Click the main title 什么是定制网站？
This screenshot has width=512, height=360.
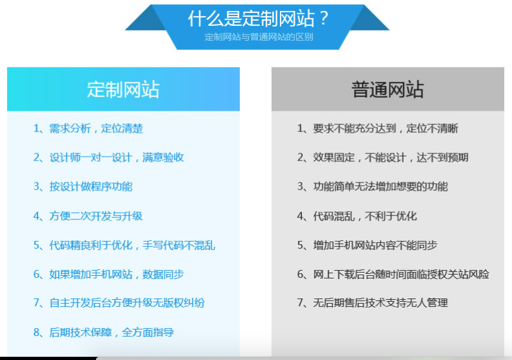(258, 19)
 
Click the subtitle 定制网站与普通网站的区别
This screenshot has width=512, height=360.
(259, 37)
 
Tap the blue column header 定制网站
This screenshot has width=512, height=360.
(123, 89)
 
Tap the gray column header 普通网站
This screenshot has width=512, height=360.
(388, 89)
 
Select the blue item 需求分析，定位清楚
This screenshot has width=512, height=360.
(96, 128)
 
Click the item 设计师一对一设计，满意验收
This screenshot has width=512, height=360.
(117, 157)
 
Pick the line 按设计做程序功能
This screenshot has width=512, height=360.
(91, 186)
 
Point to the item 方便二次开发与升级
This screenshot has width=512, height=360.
(96, 216)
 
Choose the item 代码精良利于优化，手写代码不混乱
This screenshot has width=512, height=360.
(132, 245)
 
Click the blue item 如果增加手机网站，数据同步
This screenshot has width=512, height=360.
(117, 275)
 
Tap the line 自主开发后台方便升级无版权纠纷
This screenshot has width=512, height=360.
(127, 303)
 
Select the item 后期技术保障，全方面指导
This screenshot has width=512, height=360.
(111, 332)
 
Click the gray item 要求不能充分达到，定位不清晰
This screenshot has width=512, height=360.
(386, 128)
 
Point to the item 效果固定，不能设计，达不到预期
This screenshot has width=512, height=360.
(391, 157)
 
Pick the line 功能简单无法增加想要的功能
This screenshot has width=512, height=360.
(380, 186)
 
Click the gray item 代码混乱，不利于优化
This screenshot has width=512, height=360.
(365, 216)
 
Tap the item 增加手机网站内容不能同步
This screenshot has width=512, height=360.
(375, 245)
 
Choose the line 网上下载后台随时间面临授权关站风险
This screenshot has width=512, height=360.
(401, 275)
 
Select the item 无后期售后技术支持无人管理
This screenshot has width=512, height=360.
(380, 303)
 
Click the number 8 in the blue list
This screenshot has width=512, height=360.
(36, 333)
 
